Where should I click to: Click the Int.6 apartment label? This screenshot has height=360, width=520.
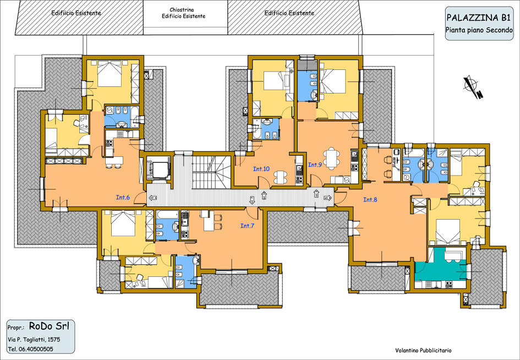123,198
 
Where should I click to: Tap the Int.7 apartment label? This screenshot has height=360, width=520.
247,226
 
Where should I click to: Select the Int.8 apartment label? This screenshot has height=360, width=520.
370,200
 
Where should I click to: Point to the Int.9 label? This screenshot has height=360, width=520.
315,165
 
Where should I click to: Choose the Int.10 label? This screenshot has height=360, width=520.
261,169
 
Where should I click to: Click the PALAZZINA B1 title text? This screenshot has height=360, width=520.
478,17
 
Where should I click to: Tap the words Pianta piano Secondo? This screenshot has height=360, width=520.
479,30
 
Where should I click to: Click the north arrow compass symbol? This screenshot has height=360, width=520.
473,87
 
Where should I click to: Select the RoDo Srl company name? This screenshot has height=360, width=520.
49,326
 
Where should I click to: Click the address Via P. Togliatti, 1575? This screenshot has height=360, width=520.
34,340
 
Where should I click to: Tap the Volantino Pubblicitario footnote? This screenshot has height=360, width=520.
423,351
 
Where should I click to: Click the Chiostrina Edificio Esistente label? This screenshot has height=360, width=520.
183,13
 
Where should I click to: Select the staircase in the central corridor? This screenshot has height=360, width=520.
212,172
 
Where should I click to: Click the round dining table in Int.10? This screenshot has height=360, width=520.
281,177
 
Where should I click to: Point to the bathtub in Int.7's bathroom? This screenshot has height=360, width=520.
167,214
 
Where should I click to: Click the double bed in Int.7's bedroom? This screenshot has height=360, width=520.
123,223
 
